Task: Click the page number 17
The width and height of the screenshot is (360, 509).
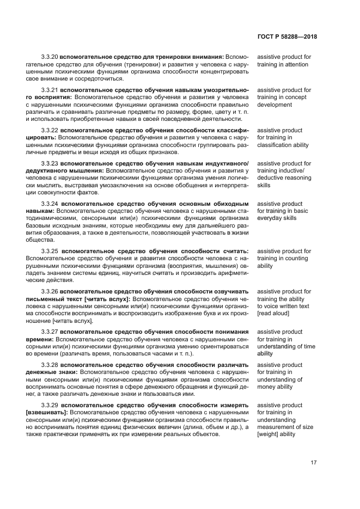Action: pyautogui.click(x=313, y=463)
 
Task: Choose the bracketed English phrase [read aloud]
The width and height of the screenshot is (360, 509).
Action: pyautogui.click(x=273, y=314)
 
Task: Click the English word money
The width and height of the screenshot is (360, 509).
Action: pyautogui.click(x=267, y=387)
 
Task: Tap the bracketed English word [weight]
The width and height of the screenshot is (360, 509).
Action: pyautogui.click(x=268, y=434)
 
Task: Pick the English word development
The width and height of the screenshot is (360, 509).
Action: pyautogui.click(x=275, y=105)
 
